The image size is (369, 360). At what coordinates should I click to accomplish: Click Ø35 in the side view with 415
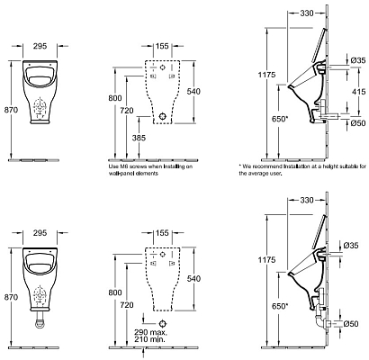click(x=355, y=60)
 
